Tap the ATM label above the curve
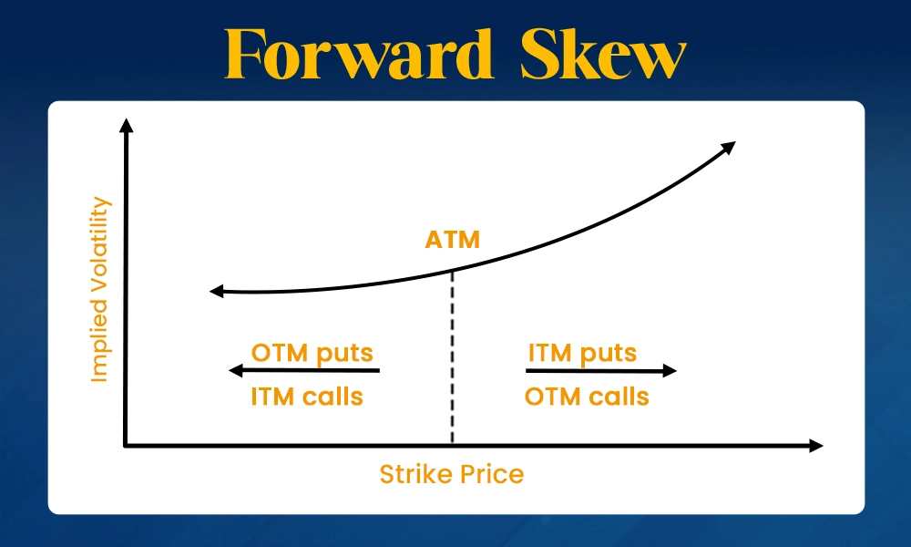coord(452,241)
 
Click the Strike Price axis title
coord(452,474)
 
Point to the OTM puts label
coord(312,352)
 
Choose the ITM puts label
coord(582,352)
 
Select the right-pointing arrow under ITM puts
coord(601,370)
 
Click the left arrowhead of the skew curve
coord(216,291)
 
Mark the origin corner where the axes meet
coord(126,445)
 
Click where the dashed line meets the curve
coord(452,270)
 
